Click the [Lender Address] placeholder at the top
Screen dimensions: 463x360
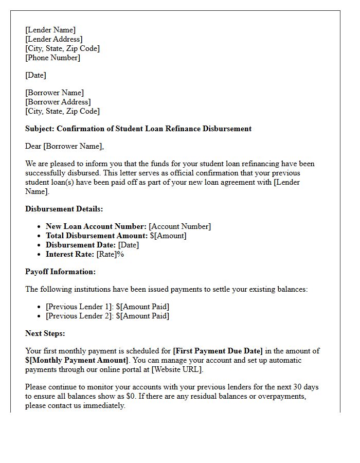pyautogui.click(x=54, y=39)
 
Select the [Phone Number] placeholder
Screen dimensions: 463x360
pyautogui.click(x=53, y=58)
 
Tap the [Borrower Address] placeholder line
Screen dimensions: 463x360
pyautogui.click(x=58, y=102)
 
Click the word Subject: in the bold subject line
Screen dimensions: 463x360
pyautogui.click(x=40, y=129)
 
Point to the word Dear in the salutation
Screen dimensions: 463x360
pyautogui.click(x=33, y=146)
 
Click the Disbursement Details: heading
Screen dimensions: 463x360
pyautogui.click(x=64, y=209)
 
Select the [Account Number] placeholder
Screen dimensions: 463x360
pyautogui.click(x=180, y=226)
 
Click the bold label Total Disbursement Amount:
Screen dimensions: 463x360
pyautogui.click(x=97, y=236)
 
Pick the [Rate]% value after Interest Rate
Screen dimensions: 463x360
pyautogui.click(x=111, y=254)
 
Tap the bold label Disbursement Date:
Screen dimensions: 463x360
pyautogui.click(x=81, y=245)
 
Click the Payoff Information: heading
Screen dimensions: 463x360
pyautogui.click(x=61, y=272)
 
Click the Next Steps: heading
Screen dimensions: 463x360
pyautogui.click(x=45, y=333)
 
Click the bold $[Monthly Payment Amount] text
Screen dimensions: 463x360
pyautogui.click(x=77, y=360)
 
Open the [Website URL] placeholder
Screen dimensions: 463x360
pyautogui.click(x=177, y=369)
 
